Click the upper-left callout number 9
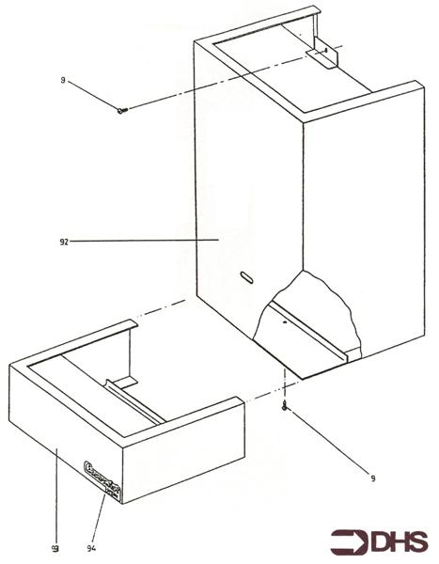pos(62,81)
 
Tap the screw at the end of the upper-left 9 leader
pos(122,111)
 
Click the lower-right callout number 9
pos(374,479)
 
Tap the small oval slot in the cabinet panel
pos(246,276)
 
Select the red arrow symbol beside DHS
pos(349,541)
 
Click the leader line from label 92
pos(141,242)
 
